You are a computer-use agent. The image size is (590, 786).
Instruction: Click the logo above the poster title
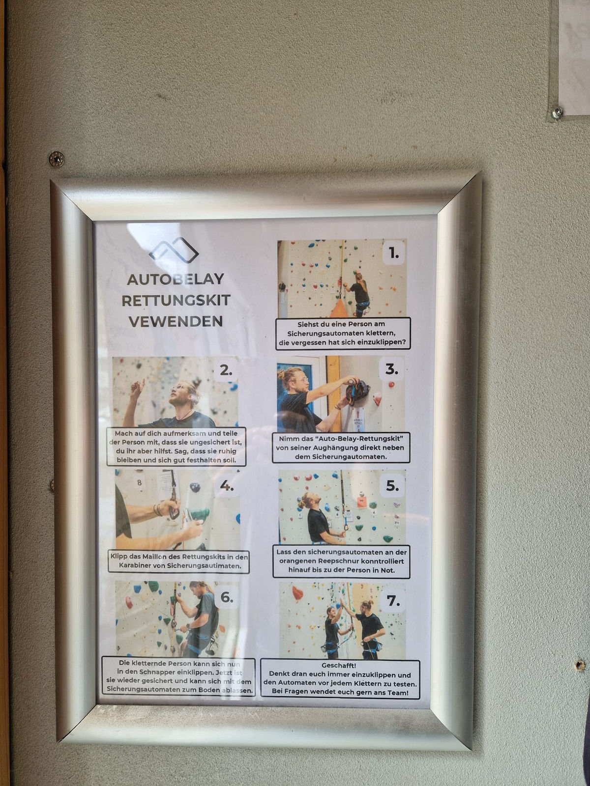point(174,250)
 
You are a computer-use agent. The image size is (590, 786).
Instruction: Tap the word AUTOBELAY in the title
point(176,280)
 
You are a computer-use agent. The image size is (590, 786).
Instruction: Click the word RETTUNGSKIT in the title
point(176,301)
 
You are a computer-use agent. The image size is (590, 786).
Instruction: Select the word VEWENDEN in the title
point(176,322)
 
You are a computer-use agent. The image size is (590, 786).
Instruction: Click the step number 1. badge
point(394,253)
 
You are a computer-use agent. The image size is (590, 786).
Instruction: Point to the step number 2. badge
point(226,370)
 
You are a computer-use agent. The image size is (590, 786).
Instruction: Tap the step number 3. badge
point(391,369)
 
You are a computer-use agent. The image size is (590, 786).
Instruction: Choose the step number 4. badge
point(226,485)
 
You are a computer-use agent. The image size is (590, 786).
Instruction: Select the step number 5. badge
point(392,485)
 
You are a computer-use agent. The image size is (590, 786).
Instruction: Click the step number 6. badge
point(226,597)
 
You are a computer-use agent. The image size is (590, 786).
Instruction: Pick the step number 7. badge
point(393,600)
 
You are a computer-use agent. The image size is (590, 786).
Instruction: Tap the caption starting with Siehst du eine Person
point(343,334)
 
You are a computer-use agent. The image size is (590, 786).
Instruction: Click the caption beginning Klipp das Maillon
point(179,561)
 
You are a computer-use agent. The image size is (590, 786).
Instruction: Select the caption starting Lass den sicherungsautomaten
point(341,561)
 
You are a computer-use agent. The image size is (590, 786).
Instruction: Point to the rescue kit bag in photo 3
point(357,392)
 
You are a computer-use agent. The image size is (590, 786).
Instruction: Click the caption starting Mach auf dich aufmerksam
point(176,447)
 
